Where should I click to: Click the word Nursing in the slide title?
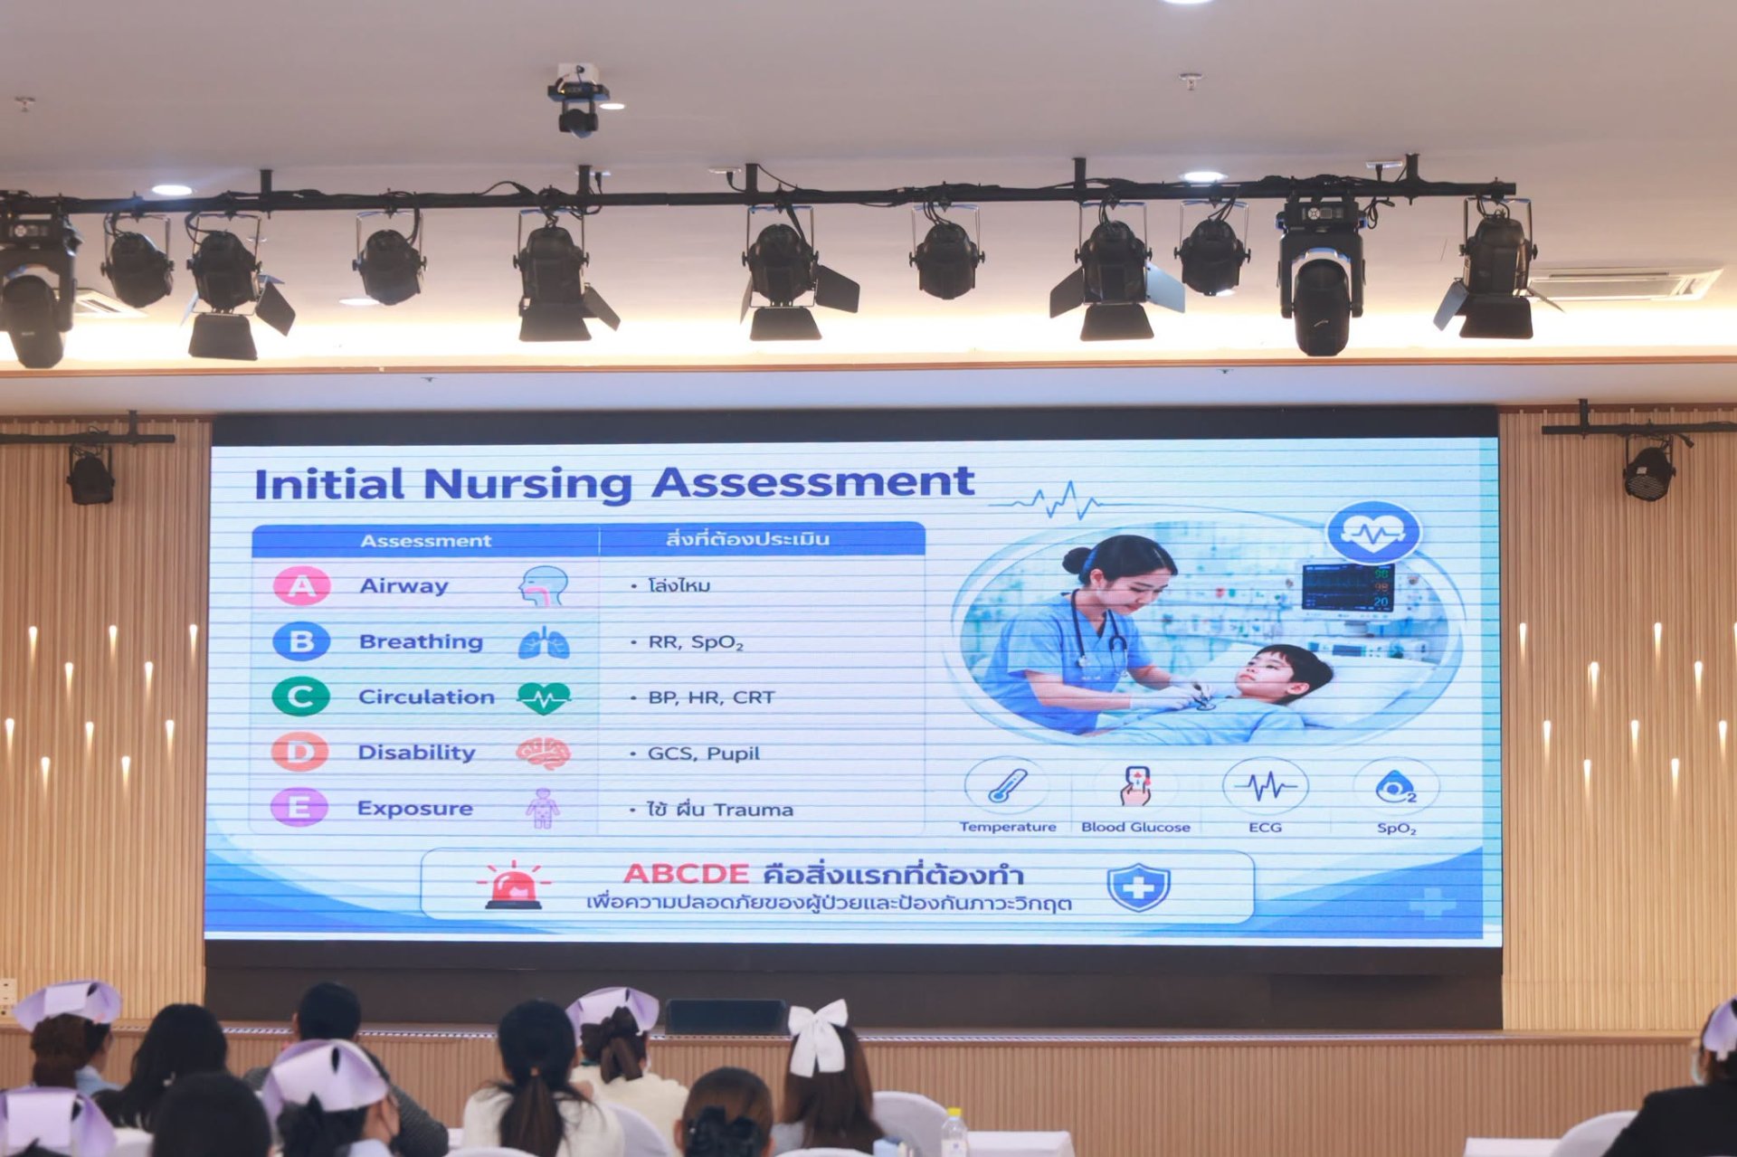point(527,485)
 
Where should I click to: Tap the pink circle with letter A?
point(301,586)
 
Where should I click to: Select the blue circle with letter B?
point(301,641)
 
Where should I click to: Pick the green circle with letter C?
point(301,697)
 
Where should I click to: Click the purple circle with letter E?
point(299,807)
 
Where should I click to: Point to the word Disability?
point(416,753)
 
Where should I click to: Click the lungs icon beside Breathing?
point(544,641)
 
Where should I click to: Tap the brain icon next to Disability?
point(543,753)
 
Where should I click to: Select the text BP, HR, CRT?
point(711,697)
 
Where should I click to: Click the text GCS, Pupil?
point(703,754)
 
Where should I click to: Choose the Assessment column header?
point(425,541)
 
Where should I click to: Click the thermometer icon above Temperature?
point(1007,785)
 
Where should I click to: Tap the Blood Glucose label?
point(1135,827)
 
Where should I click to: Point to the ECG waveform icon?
point(1266,785)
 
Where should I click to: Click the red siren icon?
point(514,885)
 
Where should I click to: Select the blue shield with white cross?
point(1138,887)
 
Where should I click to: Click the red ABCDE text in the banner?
point(686,874)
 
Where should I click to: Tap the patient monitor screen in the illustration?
point(1347,587)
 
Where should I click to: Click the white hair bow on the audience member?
point(818,1036)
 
